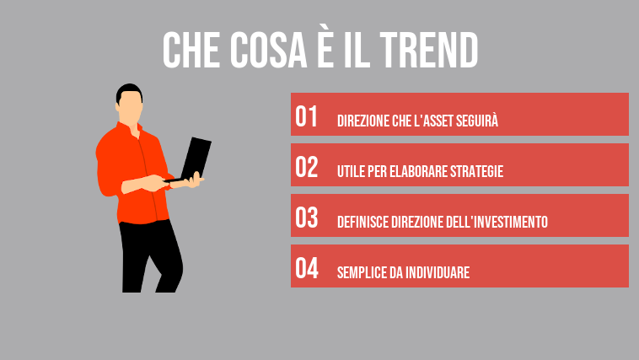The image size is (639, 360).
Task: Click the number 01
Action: click(307, 117)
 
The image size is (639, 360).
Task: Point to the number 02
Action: click(307, 168)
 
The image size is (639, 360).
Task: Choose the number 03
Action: click(307, 218)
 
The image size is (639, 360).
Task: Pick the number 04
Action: click(307, 269)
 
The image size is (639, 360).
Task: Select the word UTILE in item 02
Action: click(350, 171)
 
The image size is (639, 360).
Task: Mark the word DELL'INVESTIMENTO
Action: click(497, 222)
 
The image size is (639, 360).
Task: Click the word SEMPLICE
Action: click(362, 272)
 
